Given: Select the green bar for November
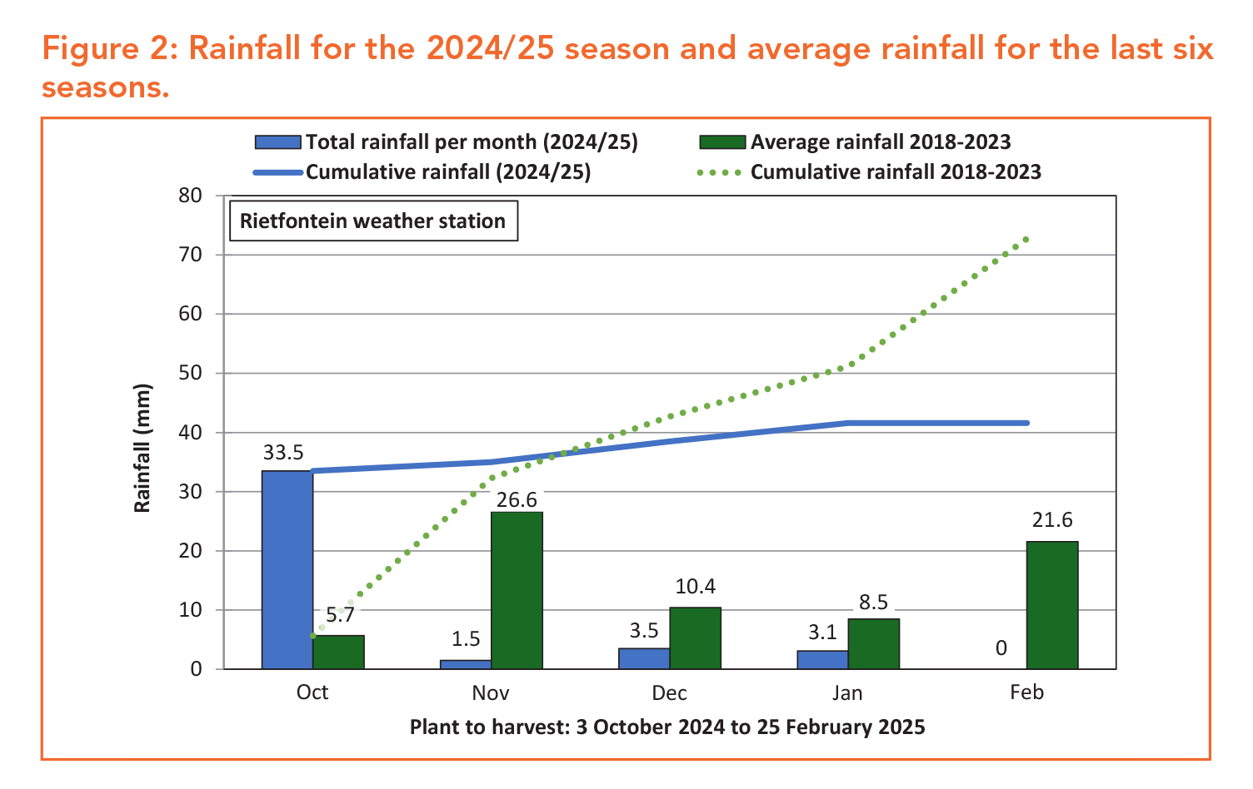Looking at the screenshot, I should (x=517, y=590).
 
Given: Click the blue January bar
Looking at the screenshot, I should (x=822, y=660).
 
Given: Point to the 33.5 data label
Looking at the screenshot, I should (x=283, y=453).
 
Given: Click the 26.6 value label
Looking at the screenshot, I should (x=517, y=500).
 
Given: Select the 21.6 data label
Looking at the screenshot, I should (x=1051, y=520).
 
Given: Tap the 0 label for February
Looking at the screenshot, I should (x=1001, y=648).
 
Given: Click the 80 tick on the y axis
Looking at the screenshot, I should (x=191, y=196).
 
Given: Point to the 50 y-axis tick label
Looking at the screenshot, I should (x=191, y=373).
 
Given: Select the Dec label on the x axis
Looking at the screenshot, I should (x=669, y=693).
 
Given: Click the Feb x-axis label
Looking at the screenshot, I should (x=1026, y=692).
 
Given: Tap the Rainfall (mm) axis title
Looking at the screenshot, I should (x=142, y=448).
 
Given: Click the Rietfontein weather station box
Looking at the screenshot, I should (x=372, y=221).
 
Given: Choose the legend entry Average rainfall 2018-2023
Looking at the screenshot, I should (x=880, y=142).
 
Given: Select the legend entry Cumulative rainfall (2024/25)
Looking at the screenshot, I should (x=447, y=172).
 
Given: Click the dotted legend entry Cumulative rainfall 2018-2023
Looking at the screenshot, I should (x=895, y=172).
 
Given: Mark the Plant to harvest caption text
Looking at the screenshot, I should (x=666, y=727).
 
